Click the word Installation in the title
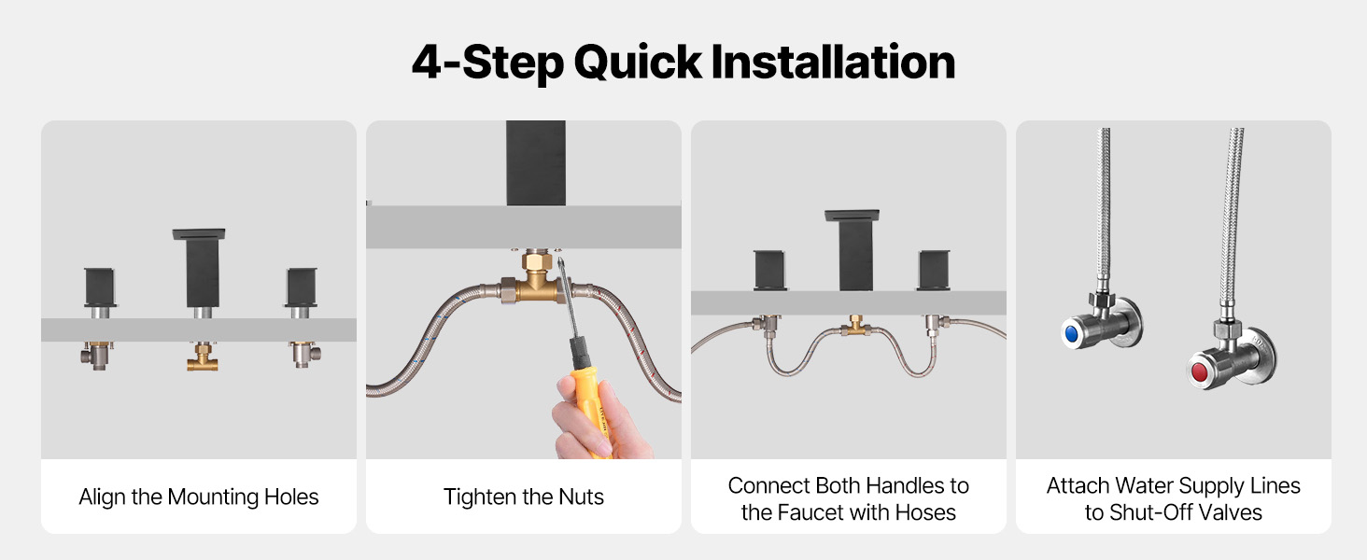[833, 63]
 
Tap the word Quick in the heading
[638, 63]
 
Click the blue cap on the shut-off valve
[1071, 334]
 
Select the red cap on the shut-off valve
[1199, 371]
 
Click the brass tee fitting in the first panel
[203, 357]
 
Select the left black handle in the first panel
[100, 287]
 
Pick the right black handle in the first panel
[301, 287]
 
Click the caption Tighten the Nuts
[524, 497]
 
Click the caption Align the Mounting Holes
[198, 497]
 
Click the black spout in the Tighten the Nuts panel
[536, 163]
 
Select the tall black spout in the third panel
[853, 250]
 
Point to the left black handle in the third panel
[769, 270]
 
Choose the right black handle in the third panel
[934, 270]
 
